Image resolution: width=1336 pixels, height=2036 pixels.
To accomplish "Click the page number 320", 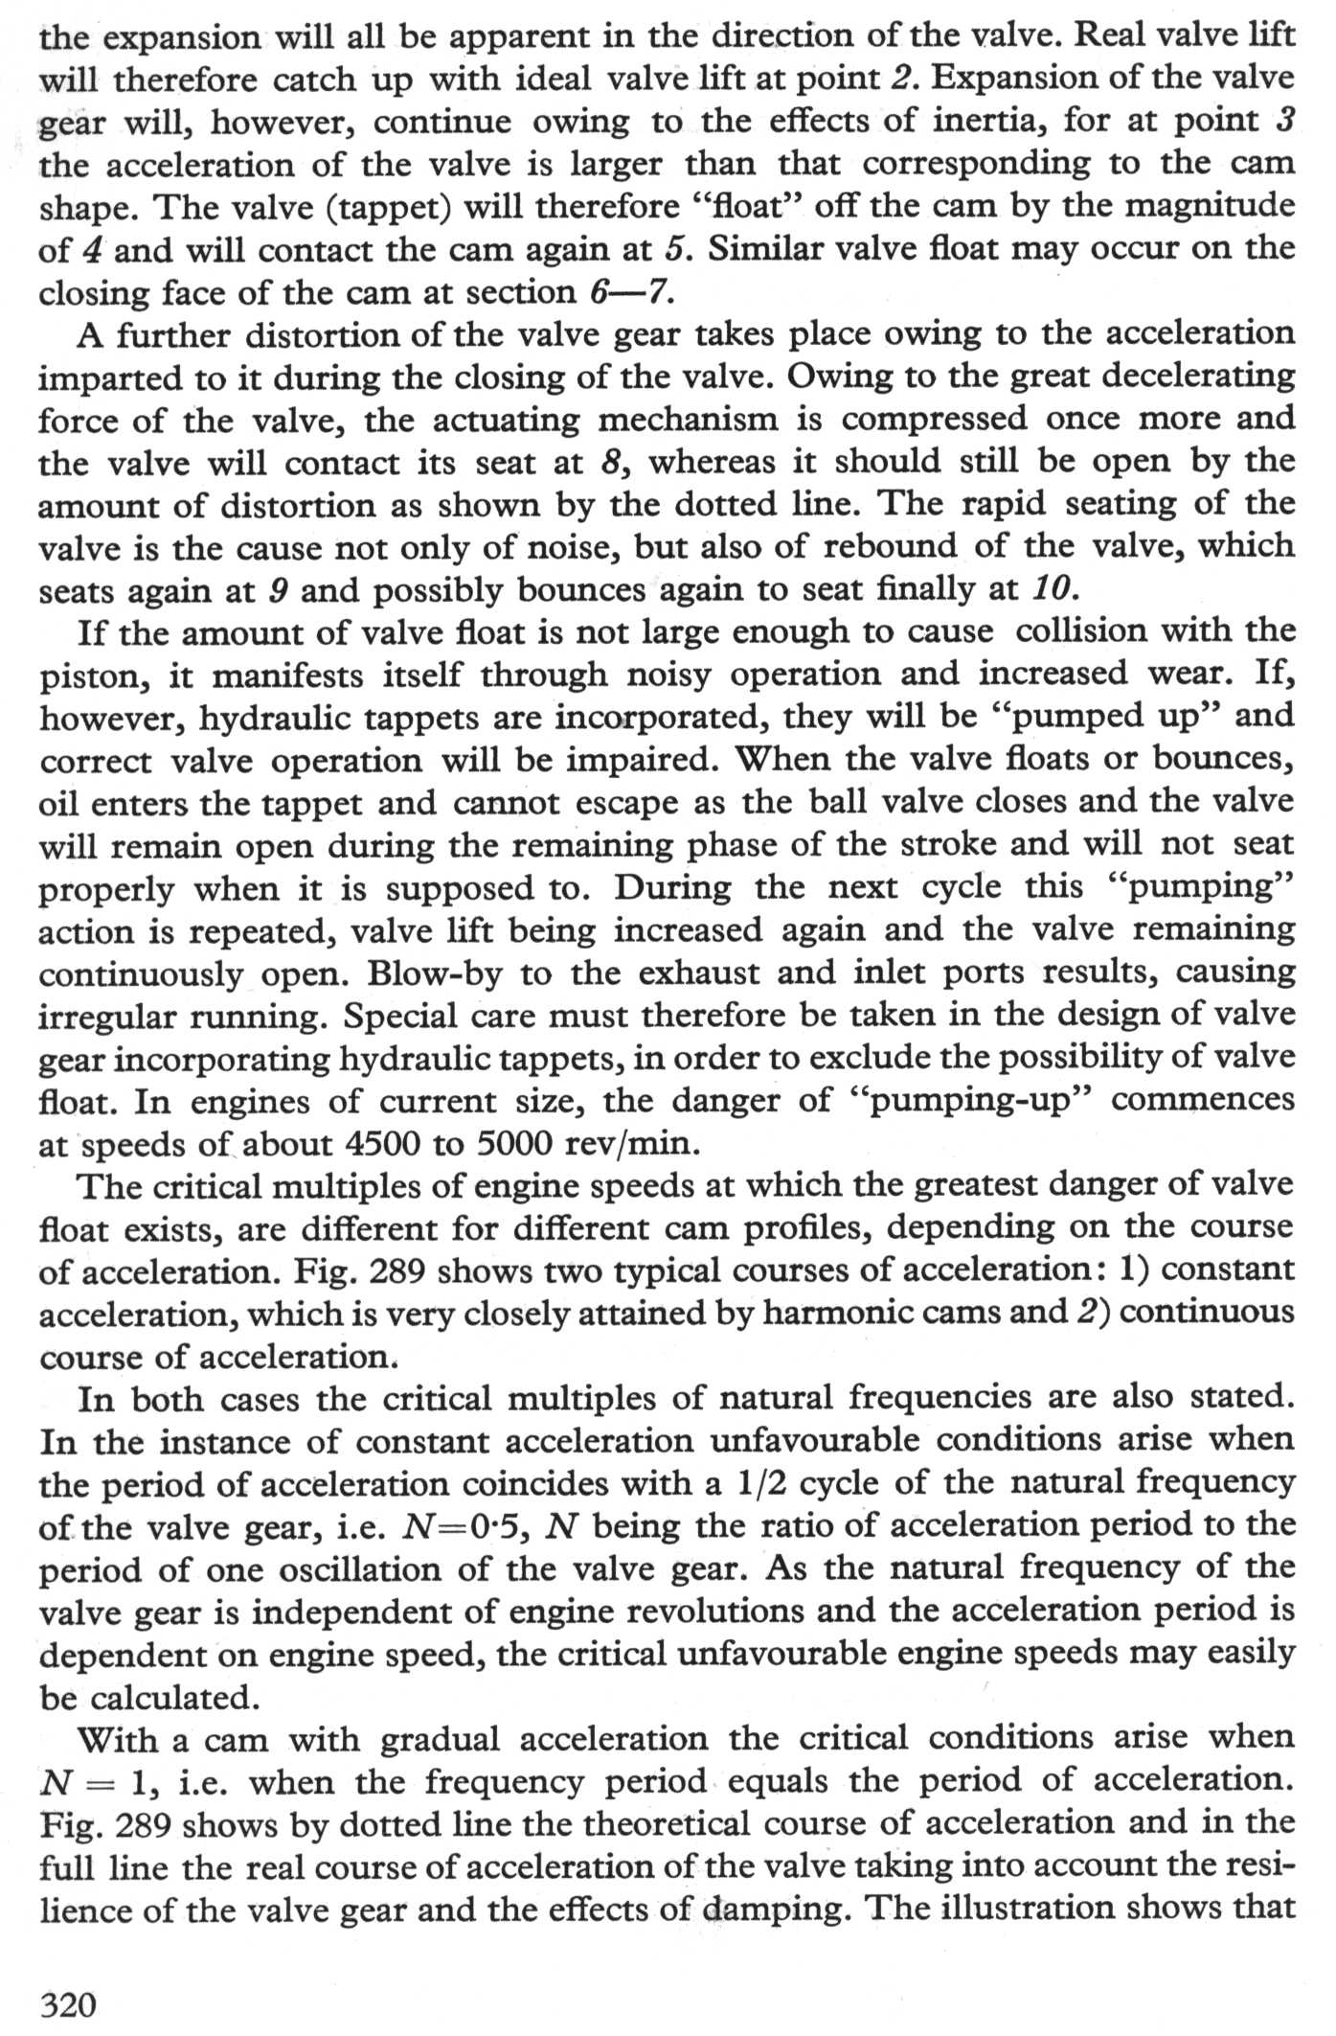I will point(68,2003).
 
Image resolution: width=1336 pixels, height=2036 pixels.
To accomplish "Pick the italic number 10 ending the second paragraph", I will point(1049,587).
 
